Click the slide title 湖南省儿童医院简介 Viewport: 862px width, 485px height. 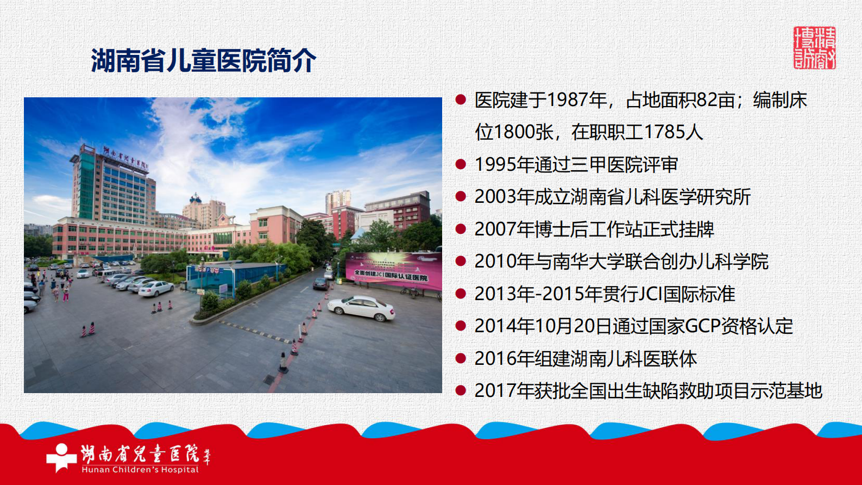coord(203,60)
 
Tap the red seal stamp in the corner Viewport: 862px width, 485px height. coord(814,48)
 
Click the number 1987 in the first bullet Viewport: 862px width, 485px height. coord(568,100)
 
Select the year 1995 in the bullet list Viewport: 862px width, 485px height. coord(496,165)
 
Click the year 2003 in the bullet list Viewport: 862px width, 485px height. coord(496,197)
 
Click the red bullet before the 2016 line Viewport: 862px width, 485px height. coord(461,358)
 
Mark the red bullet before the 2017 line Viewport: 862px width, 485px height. coord(461,390)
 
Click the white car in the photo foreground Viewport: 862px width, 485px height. coord(361,308)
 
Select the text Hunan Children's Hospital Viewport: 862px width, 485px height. coord(140,470)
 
